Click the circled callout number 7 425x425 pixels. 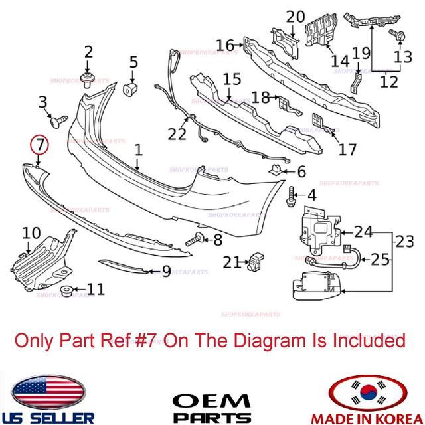pos(39,143)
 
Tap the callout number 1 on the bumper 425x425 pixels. pos(138,151)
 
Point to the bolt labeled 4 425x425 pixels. pos(292,195)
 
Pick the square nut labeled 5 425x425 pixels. pos(132,88)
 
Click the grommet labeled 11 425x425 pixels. pos(68,291)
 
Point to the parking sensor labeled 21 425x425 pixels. pos(256,263)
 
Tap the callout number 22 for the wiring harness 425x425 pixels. pos(177,134)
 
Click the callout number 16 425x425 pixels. pos(225,45)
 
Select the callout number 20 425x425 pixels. pos(296,16)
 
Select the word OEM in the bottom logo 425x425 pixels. pos(212,402)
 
